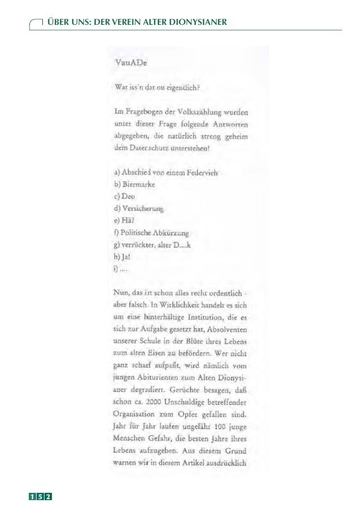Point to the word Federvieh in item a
[x=200, y=173]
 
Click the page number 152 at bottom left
[x=41, y=496]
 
